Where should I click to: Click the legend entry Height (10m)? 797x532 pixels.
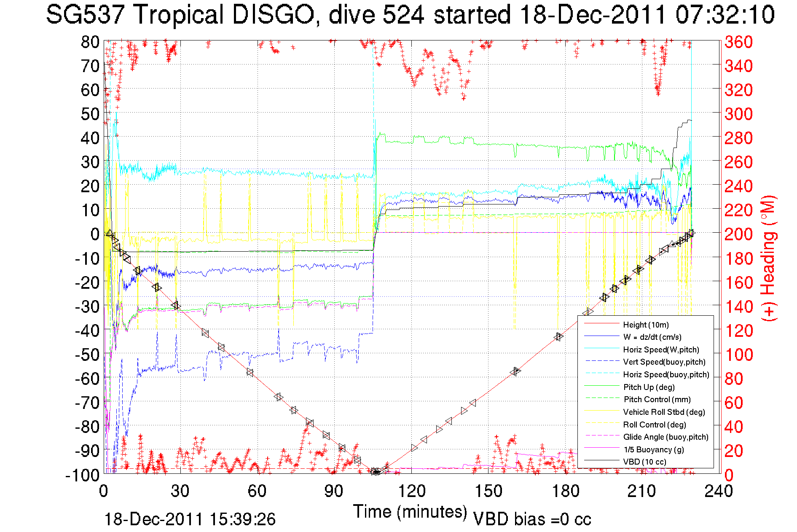[646, 325]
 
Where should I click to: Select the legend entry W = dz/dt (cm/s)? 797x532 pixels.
[652, 337]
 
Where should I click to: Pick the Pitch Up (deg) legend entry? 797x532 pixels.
[649, 387]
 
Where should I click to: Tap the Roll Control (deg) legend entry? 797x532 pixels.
[655, 425]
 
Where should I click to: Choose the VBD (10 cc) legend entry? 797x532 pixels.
[645, 462]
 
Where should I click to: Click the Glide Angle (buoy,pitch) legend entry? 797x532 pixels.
[666, 437]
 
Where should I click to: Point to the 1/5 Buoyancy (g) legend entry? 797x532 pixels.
[654, 449]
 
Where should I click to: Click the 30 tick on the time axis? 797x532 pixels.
[180, 491]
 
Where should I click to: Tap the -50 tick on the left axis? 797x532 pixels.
[86, 355]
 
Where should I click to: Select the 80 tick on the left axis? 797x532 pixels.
[90, 42]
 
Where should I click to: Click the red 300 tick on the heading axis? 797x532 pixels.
[738, 114]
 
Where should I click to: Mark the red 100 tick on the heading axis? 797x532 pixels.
[738, 355]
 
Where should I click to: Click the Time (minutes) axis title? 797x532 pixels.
[410, 512]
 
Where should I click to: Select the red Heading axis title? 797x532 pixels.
[769, 258]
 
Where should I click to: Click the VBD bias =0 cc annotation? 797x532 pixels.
[532, 519]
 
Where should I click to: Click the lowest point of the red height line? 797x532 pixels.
[376, 472]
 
